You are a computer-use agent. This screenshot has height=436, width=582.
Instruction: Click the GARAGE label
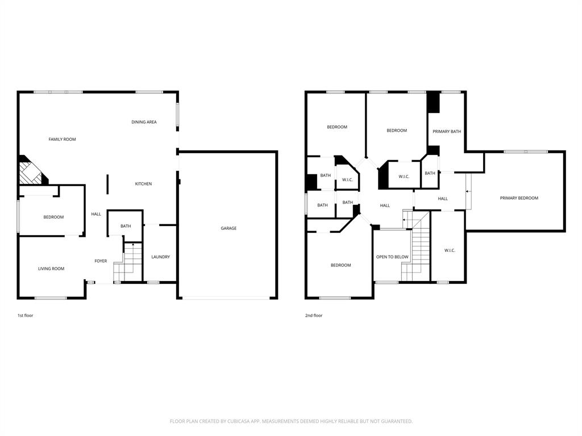tap(228, 228)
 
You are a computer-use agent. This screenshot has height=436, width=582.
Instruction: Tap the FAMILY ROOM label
tap(62, 139)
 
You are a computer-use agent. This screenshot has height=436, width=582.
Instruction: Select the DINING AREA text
tap(144, 122)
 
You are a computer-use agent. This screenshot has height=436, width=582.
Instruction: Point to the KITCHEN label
tap(143, 184)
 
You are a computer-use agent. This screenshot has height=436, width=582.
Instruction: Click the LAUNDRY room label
tap(160, 257)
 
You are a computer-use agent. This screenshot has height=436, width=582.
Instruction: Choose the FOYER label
tap(101, 261)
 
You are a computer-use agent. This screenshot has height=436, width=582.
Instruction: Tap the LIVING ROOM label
tap(51, 269)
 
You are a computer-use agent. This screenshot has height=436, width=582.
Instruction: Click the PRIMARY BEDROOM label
tap(519, 198)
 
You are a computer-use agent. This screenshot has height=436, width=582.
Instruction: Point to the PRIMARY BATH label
tap(447, 132)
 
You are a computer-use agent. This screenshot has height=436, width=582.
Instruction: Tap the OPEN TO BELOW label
tap(392, 257)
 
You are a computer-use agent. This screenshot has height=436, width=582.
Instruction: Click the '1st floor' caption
tap(25, 315)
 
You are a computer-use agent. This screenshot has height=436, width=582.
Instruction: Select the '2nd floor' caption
tap(314, 315)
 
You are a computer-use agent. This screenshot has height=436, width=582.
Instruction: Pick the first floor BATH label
tap(126, 226)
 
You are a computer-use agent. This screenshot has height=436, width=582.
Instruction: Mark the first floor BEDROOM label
tap(53, 217)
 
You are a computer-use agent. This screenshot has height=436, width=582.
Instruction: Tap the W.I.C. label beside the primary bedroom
tap(449, 250)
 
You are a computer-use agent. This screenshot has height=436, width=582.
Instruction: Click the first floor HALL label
tap(96, 214)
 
